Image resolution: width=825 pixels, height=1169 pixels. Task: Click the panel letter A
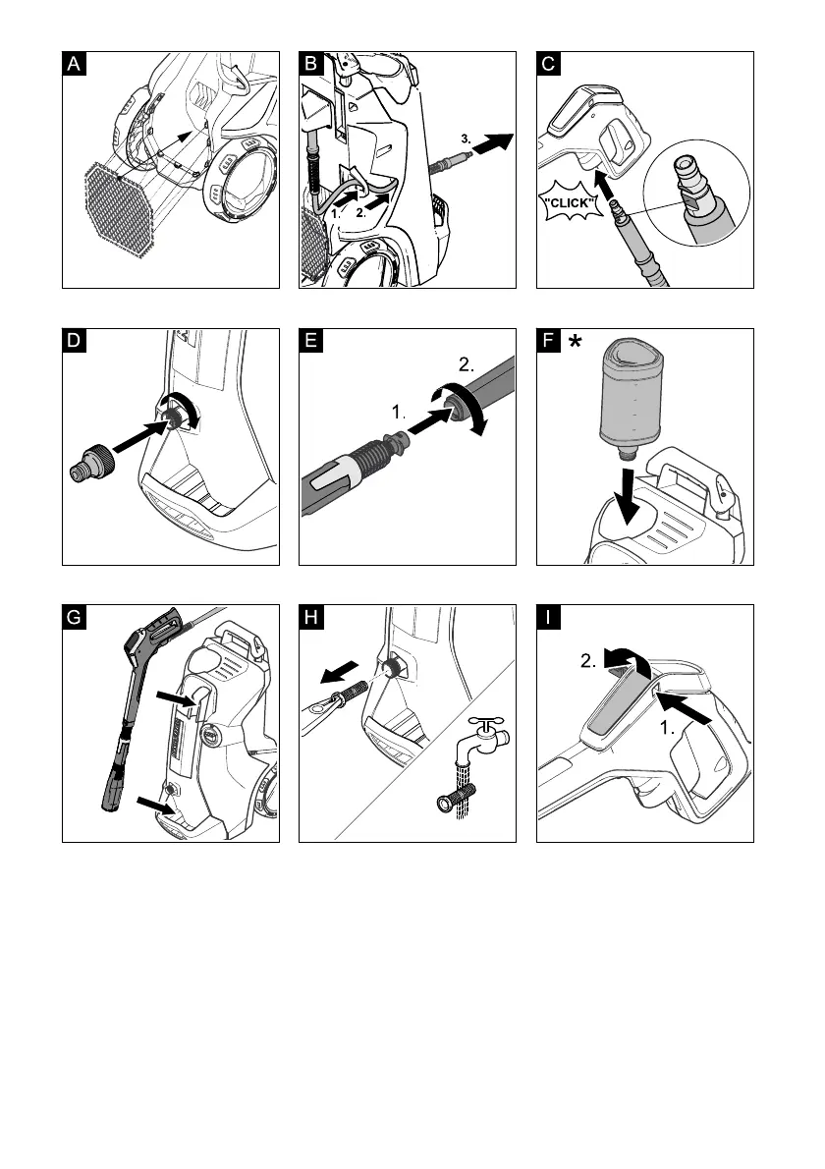74,64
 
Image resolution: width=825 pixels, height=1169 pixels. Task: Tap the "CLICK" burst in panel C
570,202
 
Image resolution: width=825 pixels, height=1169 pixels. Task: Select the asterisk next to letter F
576,341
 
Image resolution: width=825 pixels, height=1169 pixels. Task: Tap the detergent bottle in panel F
632,398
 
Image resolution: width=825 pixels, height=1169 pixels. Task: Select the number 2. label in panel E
467,364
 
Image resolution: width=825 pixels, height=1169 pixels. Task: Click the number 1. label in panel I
667,728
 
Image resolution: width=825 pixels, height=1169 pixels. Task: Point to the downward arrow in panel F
629,495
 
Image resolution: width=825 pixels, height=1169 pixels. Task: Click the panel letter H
310,617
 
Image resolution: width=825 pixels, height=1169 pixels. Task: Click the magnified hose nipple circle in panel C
696,193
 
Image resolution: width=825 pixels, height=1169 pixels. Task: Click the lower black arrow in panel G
155,806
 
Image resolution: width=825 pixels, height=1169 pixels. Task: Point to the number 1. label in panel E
399,413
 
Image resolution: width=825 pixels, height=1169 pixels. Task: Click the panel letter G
74,617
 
